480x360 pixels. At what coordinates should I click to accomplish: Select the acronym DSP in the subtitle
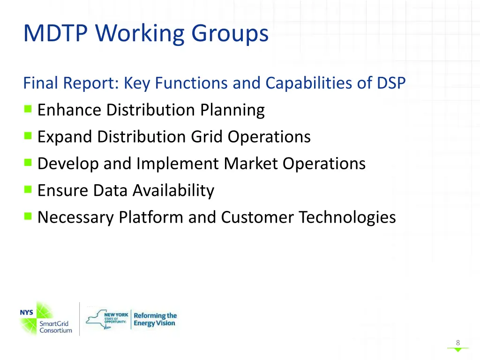[391, 83]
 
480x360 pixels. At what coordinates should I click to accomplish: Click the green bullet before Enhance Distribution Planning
[28, 110]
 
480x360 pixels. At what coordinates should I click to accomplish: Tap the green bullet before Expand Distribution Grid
[28, 136]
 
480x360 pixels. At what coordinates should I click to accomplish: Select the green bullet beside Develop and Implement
[28, 163]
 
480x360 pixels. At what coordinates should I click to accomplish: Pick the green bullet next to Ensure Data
[28, 190]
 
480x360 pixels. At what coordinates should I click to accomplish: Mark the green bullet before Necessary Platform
[28, 217]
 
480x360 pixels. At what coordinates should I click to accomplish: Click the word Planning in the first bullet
[232, 110]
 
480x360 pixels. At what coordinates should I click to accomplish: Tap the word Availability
[173, 190]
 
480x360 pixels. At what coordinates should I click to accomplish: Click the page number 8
[458, 343]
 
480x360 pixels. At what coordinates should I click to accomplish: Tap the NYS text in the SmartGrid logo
[27, 312]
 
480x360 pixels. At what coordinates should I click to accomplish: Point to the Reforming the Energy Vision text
[155, 319]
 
